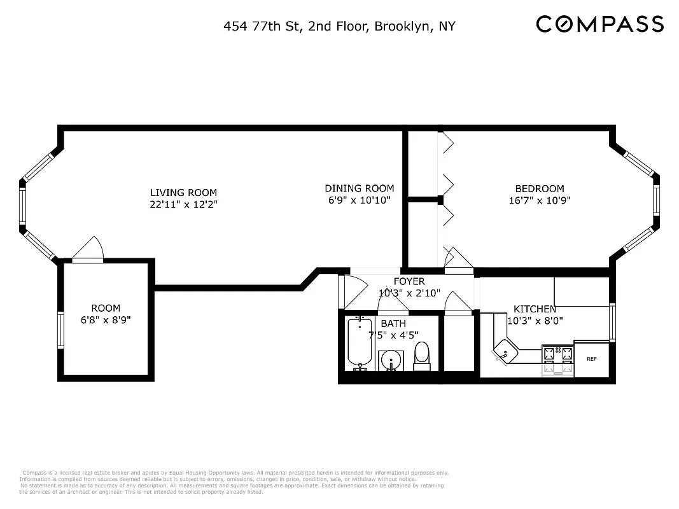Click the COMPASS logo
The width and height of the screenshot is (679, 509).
[x=599, y=24]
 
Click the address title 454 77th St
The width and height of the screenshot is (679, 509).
[x=339, y=26]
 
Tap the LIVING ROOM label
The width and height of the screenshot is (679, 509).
[x=183, y=192]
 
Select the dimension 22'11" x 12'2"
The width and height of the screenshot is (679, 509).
[x=183, y=204]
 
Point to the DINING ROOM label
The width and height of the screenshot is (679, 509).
[x=359, y=188]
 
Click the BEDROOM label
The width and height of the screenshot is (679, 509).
[x=539, y=188]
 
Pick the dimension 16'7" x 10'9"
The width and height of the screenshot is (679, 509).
[x=539, y=200]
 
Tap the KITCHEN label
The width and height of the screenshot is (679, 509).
[x=535, y=309]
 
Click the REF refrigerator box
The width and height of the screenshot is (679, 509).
[x=591, y=359]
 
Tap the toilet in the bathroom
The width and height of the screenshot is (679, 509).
[x=422, y=356]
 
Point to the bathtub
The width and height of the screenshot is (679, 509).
[x=360, y=344]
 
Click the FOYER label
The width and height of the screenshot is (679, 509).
[x=409, y=281]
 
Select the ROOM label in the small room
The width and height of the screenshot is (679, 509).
[x=105, y=308]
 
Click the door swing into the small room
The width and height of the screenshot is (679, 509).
[x=88, y=249]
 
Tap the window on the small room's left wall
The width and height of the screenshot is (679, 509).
[x=60, y=330]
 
